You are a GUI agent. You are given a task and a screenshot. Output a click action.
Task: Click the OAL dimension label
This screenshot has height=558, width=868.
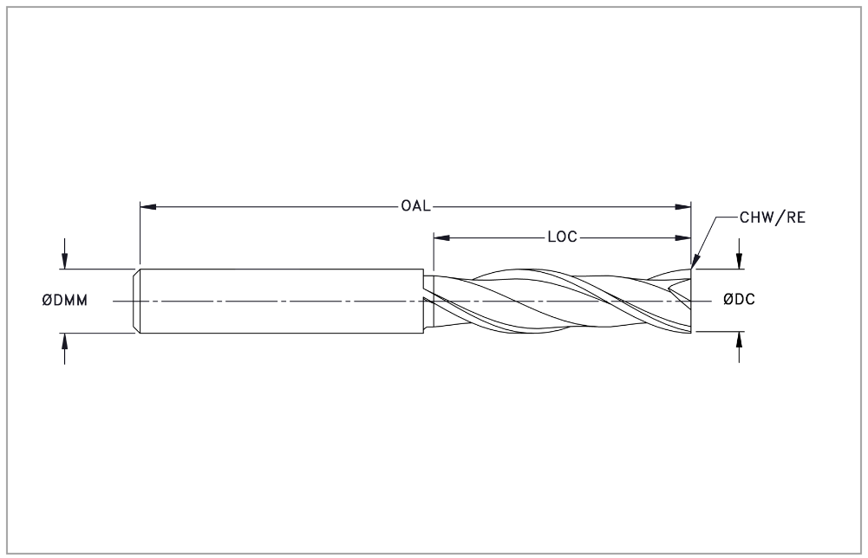(415, 206)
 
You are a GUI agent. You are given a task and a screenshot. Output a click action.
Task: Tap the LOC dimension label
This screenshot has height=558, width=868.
(563, 237)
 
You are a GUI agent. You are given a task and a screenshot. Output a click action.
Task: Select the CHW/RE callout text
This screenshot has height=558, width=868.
(773, 217)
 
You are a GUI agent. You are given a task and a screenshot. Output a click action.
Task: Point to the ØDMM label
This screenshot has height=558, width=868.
(65, 301)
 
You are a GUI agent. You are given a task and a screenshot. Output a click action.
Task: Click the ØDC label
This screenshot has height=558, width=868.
(739, 299)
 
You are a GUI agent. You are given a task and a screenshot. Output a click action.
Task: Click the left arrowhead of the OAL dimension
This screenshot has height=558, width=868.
(147, 207)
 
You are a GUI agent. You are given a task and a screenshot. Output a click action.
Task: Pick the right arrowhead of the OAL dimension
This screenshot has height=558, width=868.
(683, 207)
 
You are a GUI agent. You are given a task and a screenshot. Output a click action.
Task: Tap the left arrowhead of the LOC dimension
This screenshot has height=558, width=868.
(441, 237)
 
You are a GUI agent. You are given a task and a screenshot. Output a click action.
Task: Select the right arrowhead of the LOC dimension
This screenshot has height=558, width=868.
(683, 237)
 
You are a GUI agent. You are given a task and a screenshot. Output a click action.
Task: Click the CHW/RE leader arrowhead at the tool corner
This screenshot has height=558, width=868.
(695, 262)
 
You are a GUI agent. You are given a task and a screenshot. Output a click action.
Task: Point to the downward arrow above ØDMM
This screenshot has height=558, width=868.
(65, 254)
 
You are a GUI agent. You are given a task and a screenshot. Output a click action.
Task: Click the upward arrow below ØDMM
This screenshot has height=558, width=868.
(65, 348)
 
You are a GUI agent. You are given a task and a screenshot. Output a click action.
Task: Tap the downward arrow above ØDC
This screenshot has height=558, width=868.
(740, 254)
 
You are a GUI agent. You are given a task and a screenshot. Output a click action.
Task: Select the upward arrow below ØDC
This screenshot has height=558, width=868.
(740, 347)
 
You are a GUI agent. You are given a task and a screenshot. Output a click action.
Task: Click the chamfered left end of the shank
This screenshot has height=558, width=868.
(136, 301)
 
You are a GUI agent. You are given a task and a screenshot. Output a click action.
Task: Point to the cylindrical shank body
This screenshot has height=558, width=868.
(282, 301)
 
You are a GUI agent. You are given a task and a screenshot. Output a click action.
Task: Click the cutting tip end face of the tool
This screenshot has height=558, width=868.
(691, 301)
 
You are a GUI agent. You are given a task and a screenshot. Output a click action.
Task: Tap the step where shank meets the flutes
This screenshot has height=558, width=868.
(428, 301)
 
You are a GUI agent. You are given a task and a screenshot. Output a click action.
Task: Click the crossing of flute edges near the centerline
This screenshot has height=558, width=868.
(616, 301)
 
